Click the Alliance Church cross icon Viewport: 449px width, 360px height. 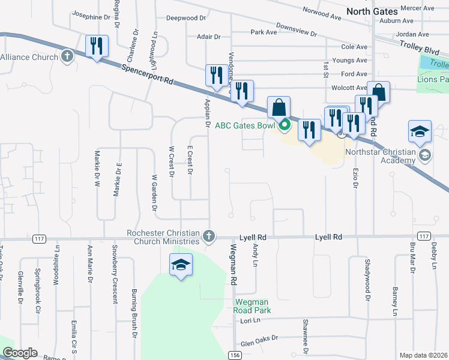point(67,58)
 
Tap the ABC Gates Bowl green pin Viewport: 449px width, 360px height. point(285,125)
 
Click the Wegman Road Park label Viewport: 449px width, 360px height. point(253,306)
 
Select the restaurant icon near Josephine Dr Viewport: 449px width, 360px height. point(97,46)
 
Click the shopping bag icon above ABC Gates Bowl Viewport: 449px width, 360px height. point(279,107)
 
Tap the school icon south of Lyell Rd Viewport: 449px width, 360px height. point(180,265)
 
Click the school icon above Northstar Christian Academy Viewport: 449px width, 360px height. point(420,131)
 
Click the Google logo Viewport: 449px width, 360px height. point(20,353)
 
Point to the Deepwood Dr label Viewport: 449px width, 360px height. point(186,18)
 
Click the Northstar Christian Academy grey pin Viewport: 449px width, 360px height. point(426,155)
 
